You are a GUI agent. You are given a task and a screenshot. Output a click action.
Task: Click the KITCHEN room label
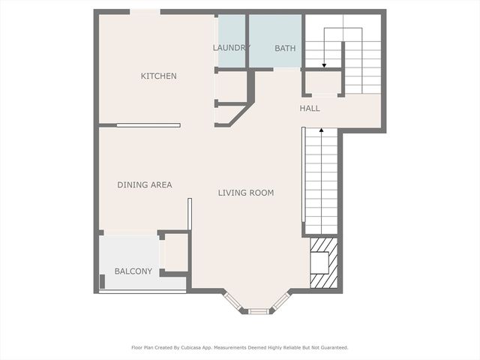[158, 76]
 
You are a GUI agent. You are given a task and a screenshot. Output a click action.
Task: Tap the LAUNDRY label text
[232, 48]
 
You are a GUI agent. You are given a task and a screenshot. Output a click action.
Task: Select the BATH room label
[285, 48]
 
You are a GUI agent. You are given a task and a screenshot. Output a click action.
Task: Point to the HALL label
[310, 108]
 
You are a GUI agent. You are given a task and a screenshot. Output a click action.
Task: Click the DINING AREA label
[145, 184]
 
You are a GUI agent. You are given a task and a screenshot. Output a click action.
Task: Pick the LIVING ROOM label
[246, 193]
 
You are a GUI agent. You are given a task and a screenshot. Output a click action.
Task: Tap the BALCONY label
[133, 271]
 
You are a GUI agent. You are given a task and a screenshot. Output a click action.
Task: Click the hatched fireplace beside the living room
[324, 263]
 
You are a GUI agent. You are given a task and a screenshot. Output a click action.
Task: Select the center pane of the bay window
[258, 311]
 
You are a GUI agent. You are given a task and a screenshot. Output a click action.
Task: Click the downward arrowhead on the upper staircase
[324, 65]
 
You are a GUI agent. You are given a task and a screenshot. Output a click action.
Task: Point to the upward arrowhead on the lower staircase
[322, 130]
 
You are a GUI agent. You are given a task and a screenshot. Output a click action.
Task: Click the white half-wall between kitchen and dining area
[148, 125]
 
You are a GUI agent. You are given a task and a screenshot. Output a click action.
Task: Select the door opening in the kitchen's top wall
[145, 12]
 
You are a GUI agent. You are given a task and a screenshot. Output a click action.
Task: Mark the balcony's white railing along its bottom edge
[142, 292]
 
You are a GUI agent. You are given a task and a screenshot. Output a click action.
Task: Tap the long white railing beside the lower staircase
[303, 174]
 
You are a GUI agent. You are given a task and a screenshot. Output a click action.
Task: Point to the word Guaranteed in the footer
[336, 348]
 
